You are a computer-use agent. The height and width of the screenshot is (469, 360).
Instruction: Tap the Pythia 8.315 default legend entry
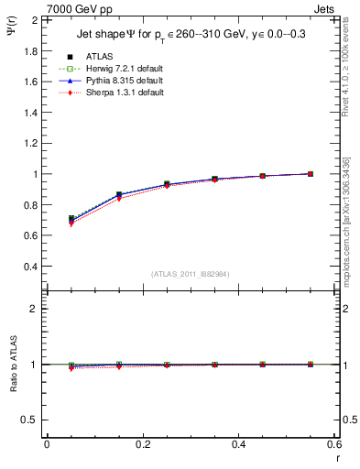tap(115, 81)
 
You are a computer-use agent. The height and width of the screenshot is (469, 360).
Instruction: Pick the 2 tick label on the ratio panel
tap(34, 309)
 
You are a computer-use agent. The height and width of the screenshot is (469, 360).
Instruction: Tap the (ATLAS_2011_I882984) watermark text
tap(191, 274)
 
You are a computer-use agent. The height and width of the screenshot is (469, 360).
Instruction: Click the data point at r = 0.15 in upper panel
tap(119, 194)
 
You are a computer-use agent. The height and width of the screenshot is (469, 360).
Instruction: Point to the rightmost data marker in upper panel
tap(311, 173)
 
